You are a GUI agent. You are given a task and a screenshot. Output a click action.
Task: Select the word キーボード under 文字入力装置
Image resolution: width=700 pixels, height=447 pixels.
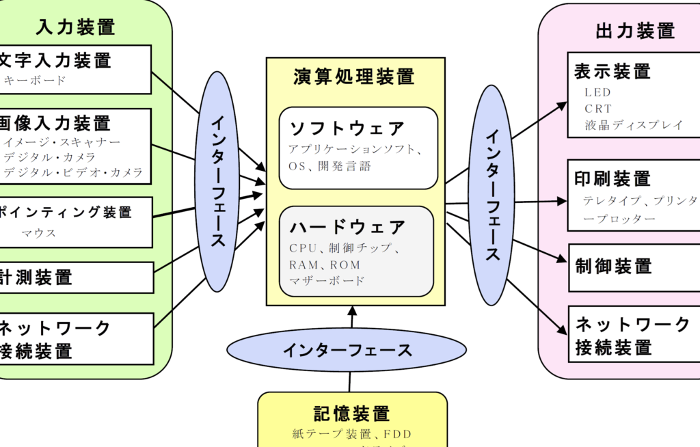point(36,81)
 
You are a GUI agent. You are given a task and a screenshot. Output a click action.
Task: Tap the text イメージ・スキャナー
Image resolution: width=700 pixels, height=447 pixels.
point(62,142)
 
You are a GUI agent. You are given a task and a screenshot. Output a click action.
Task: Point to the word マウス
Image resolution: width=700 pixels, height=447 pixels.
point(38,233)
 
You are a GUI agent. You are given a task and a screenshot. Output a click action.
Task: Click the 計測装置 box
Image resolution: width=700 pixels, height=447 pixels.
point(75,277)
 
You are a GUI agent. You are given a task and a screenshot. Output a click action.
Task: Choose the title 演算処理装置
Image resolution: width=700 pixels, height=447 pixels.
point(355,76)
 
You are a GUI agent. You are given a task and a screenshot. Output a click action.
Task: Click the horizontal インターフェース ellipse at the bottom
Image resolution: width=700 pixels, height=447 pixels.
point(347,351)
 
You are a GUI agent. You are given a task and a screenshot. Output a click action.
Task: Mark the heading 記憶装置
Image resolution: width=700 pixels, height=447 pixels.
point(352,414)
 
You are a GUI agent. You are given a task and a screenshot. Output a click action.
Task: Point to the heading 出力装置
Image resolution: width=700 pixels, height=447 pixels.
point(635,31)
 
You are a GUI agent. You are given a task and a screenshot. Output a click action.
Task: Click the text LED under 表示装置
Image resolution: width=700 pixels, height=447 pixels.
point(597,92)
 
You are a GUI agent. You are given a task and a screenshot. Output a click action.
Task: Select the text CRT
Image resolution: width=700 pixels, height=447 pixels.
point(598,109)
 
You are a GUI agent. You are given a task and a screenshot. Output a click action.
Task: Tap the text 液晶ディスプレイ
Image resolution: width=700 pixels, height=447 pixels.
point(634,125)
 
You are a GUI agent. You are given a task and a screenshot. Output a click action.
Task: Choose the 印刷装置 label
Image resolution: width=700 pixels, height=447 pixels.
point(613,179)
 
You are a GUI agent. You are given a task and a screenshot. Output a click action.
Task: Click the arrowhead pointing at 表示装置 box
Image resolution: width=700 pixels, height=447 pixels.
point(563,105)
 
